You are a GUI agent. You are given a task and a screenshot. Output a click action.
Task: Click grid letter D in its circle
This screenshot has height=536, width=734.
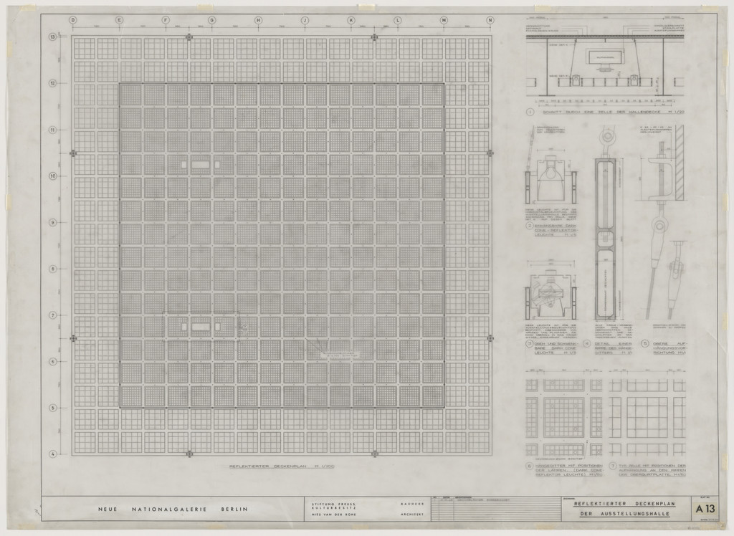[72, 20]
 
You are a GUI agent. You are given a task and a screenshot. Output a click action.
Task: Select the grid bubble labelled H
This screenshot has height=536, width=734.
[258, 20]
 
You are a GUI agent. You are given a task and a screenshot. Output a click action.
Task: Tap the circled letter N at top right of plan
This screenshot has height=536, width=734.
[490, 20]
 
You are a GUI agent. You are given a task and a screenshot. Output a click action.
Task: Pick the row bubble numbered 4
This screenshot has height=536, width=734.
[52, 454]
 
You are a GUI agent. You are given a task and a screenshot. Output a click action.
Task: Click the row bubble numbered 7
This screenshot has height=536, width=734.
[52, 315]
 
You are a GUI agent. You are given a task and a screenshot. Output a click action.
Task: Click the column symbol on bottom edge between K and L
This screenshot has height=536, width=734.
[374, 454]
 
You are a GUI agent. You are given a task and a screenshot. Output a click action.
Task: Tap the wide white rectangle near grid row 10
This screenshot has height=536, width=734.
[201, 165]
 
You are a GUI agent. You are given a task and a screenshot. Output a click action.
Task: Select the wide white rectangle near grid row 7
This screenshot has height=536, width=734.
[201, 327]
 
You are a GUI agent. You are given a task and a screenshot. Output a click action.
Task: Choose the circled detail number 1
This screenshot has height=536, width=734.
[530, 112]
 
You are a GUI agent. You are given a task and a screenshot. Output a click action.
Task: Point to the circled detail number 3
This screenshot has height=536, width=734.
[530, 343]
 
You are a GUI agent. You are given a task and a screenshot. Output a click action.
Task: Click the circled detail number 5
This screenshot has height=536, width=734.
[645, 343]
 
